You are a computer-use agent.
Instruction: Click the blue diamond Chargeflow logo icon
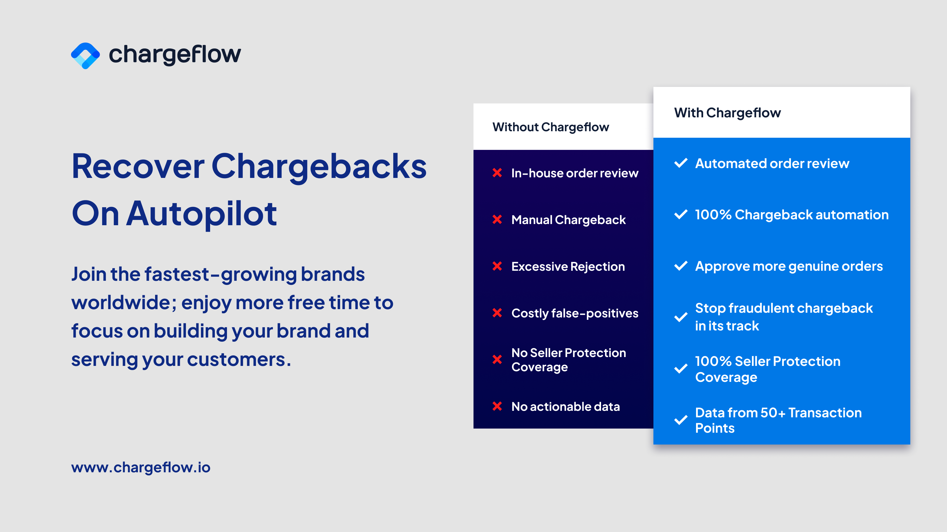pos(85,56)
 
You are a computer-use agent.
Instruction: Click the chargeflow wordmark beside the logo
pos(175,54)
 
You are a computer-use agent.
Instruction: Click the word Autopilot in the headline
pos(202,214)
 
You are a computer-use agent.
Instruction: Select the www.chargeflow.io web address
pos(141,467)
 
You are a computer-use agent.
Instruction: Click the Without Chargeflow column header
pos(550,127)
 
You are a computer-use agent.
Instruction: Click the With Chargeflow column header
pos(727,113)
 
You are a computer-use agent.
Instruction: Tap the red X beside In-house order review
pos(497,173)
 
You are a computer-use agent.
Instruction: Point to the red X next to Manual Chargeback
pos(497,219)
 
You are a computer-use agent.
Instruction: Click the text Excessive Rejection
pos(568,266)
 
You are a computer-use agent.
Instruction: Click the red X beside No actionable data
pos(497,406)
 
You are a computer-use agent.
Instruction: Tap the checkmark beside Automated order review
pos(681,163)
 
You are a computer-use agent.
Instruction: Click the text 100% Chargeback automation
pos(792,215)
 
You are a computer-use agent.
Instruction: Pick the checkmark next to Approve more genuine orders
pos(681,266)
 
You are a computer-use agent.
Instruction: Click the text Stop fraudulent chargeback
pos(783,308)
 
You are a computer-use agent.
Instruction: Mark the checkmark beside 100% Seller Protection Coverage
pos(681,369)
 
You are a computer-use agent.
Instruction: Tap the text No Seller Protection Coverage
pos(568,360)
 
